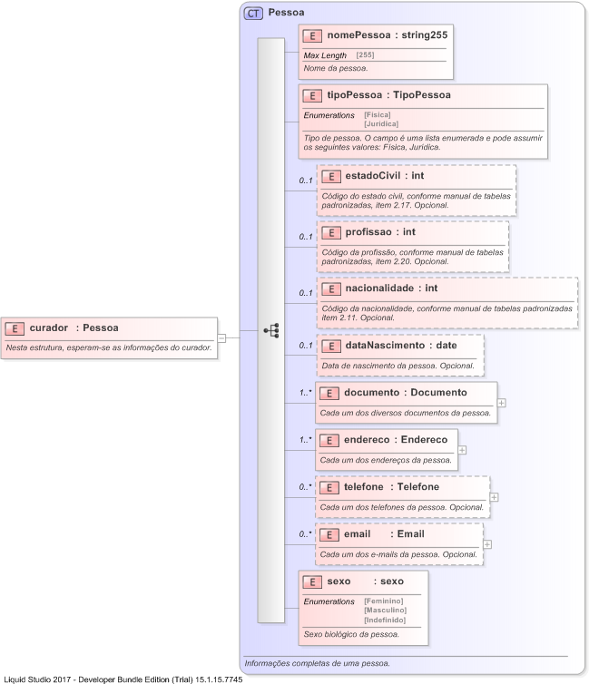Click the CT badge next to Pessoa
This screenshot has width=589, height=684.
253,14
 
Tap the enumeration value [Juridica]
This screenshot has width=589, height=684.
381,123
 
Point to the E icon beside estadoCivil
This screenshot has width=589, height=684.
330,176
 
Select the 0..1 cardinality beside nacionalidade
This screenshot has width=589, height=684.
307,292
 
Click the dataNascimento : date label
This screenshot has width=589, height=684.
400,346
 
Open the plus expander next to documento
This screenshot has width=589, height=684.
501,402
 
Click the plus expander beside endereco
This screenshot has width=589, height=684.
462,449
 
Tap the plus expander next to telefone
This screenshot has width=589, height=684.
494,497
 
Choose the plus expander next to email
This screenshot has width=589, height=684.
487,544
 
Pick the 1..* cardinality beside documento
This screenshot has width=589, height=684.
306,393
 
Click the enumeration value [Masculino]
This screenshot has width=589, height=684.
385,610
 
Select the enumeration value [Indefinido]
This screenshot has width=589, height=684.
385,620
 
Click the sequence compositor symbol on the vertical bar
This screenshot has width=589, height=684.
270,331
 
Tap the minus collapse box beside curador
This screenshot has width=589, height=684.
221,337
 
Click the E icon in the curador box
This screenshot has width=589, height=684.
15,328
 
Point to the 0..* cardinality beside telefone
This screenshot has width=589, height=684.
306,487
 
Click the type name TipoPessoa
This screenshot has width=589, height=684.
420,95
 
